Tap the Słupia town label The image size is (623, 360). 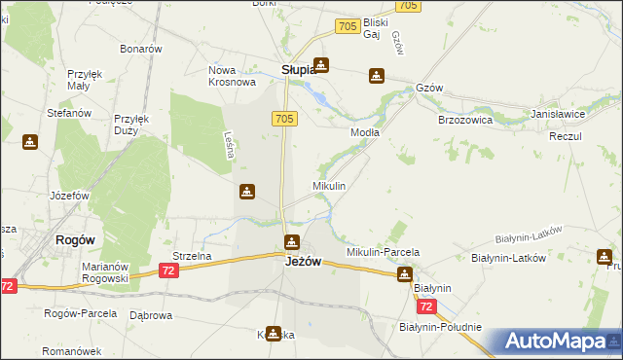click(298, 70)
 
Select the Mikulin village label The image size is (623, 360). click(328, 185)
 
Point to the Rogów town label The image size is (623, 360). click(74, 240)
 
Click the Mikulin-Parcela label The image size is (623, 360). click(383, 252)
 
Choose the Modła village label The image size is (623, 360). click(365, 131)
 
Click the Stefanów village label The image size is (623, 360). click(69, 113)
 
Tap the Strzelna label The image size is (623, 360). click(192, 256)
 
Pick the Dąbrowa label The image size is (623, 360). click(151, 315)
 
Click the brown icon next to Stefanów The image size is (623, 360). click(30, 142)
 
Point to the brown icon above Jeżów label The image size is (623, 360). click(291, 241)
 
